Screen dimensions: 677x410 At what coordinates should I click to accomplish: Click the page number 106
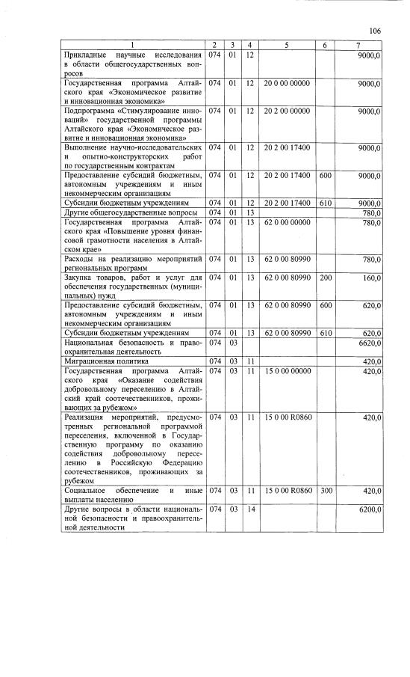point(375,31)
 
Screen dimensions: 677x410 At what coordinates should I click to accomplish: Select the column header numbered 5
point(287,46)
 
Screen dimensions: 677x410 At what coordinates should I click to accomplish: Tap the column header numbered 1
point(132,46)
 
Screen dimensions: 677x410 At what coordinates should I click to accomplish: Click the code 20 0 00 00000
point(287,83)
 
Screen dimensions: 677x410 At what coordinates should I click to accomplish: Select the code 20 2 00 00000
point(287,111)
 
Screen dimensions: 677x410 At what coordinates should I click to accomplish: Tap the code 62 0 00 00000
point(287,222)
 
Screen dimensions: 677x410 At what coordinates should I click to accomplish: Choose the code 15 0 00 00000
point(287,370)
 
